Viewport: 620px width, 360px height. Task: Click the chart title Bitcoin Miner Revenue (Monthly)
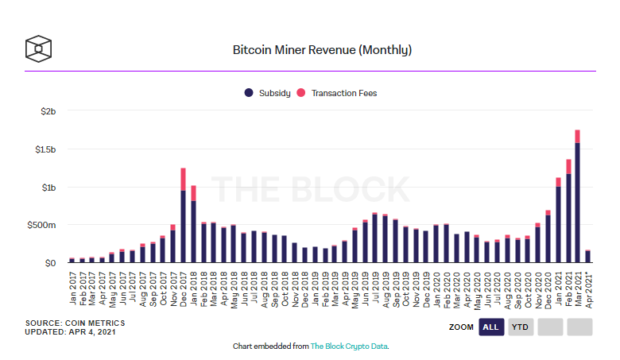point(321,49)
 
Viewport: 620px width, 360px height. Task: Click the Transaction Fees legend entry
point(337,93)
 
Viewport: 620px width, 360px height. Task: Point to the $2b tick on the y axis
point(48,111)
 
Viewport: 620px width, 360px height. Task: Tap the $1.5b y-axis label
point(45,149)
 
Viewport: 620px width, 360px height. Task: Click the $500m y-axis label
point(43,225)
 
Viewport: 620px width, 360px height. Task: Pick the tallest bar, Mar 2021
point(577,199)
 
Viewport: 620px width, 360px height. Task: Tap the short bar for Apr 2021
point(587,256)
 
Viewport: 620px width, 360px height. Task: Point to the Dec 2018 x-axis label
point(305,289)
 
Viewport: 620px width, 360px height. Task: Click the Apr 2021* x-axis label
point(588,292)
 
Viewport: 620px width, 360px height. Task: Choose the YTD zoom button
point(521,327)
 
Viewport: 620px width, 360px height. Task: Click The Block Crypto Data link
point(348,346)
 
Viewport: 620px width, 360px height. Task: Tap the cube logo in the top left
point(38,48)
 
